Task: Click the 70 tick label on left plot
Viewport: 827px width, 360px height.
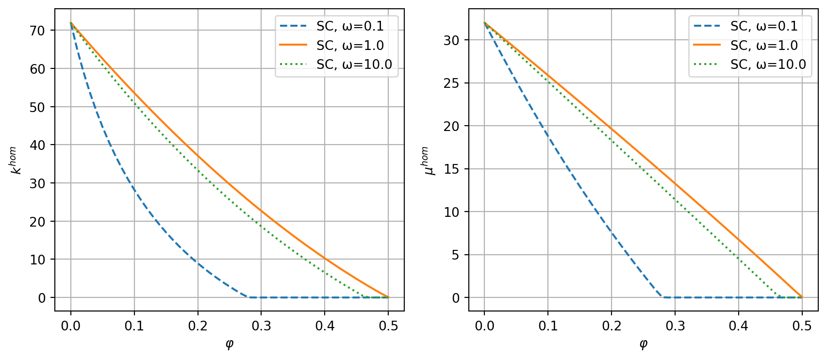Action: [37, 31]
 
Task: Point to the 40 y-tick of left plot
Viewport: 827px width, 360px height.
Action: [37, 145]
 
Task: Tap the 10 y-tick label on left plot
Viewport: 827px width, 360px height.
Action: [37, 260]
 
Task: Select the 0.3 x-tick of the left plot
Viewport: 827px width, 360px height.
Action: [261, 326]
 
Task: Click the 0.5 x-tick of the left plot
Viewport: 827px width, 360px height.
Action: [388, 326]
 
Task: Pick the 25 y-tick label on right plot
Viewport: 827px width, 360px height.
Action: [451, 83]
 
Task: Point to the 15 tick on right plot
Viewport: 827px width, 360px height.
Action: [451, 169]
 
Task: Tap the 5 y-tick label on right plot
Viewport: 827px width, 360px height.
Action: [454, 255]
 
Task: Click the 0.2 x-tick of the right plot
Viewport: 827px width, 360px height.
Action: [612, 326]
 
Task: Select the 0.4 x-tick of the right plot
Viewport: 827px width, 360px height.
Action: [739, 326]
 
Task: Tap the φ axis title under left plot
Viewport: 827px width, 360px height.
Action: [230, 344]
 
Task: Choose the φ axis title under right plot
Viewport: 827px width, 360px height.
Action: [643, 344]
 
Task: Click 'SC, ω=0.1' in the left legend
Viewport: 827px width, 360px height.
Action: [350, 26]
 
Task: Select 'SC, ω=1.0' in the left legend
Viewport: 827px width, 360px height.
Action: [350, 46]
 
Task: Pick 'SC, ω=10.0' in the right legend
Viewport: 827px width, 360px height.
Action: [768, 65]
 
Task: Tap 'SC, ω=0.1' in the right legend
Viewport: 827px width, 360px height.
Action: [764, 26]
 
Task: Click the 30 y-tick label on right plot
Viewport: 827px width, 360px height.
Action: [451, 40]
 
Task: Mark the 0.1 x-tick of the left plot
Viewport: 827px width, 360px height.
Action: [134, 326]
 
